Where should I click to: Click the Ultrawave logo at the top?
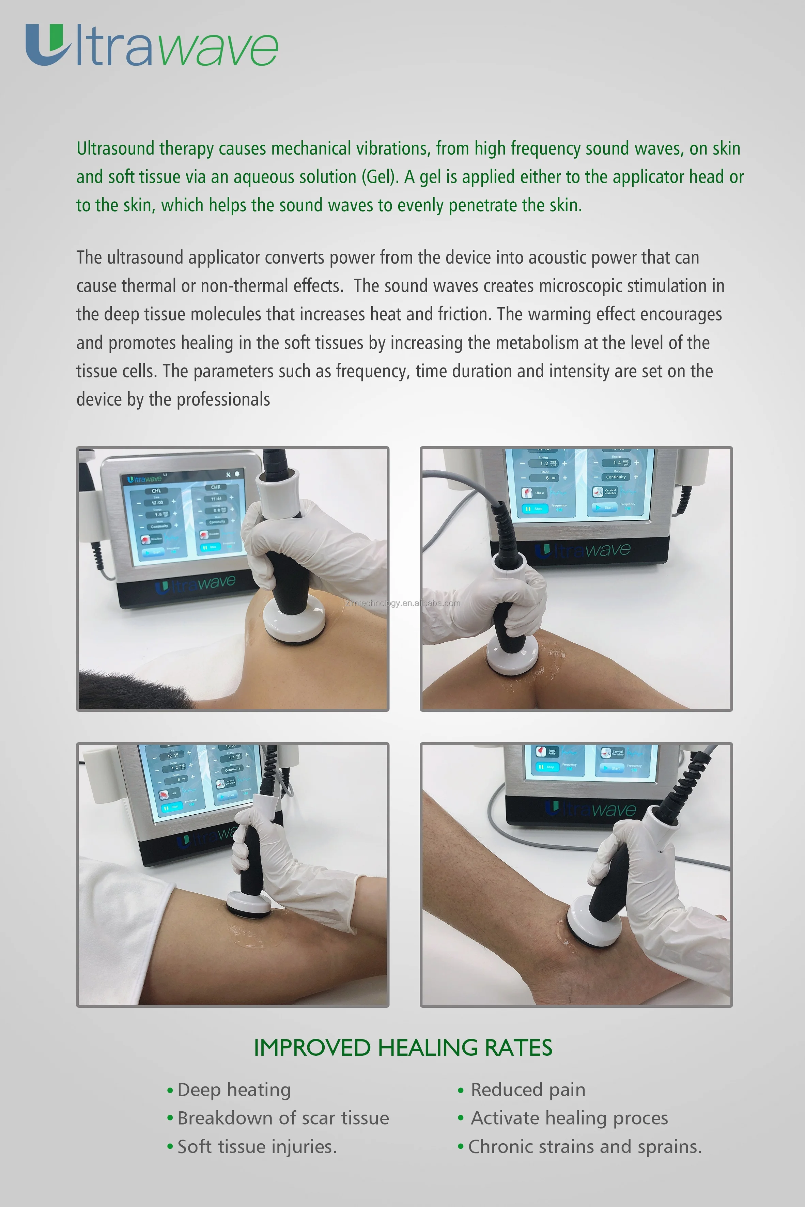coord(152,46)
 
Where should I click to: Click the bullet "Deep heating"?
coord(234,1090)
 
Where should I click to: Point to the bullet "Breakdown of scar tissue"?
coord(282,1118)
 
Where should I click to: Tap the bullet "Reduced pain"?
coord(528,1090)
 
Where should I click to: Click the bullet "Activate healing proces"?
coord(569,1118)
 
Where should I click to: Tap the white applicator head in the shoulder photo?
coord(294,622)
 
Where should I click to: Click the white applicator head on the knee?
coord(508,658)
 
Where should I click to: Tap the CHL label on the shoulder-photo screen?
coord(156,491)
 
